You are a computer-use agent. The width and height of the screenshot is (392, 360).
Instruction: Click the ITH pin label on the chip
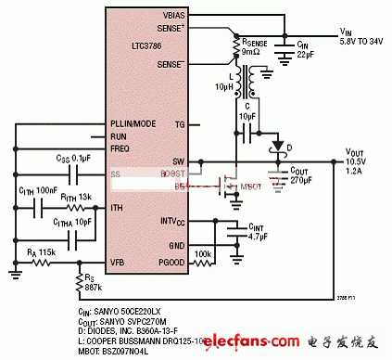coord(118,207)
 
